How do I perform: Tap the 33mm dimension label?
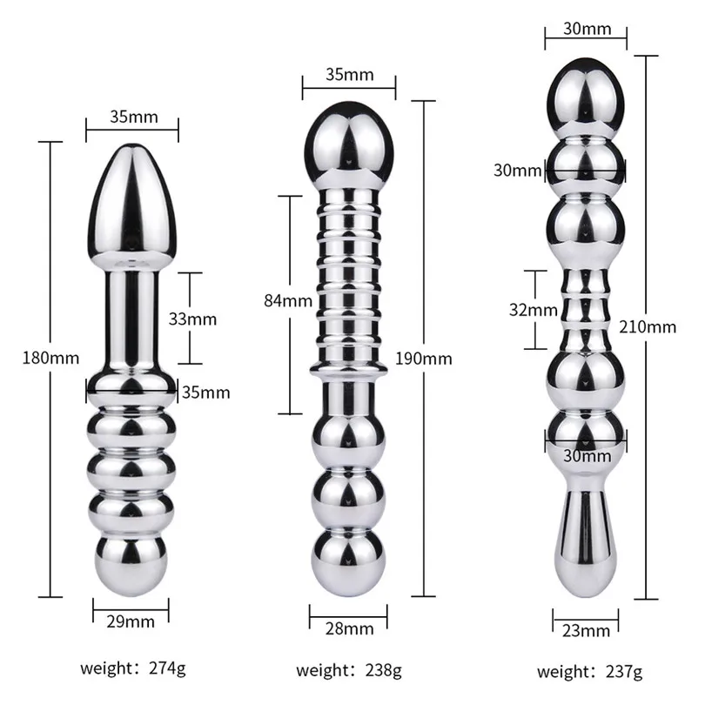pyautogui.click(x=193, y=319)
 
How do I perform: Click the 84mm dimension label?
pyautogui.click(x=288, y=302)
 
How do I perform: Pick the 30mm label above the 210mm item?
pyautogui.click(x=585, y=29)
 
